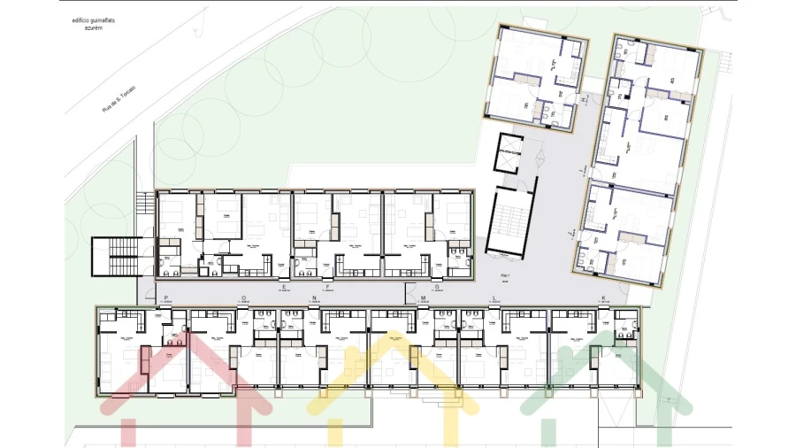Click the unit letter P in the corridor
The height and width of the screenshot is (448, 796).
pyautogui.click(x=166, y=298)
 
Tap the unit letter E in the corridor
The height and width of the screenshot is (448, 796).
pyautogui.click(x=284, y=287)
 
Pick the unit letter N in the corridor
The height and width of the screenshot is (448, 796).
pyautogui.click(x=315, y=298)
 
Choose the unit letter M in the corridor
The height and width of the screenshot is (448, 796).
pyautogui.click(x=423, y=298)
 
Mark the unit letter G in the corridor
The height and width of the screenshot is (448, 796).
pyautogui.click(x=435, y=287)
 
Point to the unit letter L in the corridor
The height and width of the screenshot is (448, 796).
pyautogui.click(x=494, y=298)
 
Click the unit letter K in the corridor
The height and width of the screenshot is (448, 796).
pyautogui.click(x=603, y=298)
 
